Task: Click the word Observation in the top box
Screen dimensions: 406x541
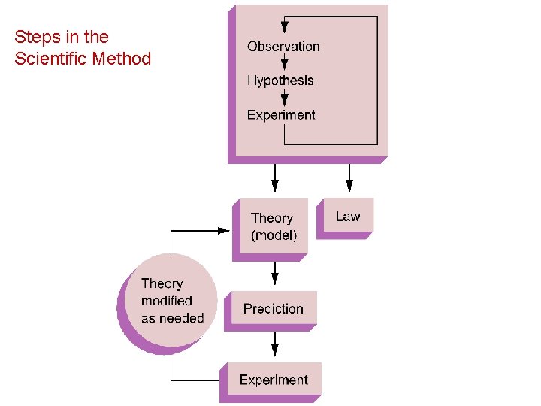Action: coord(283,47)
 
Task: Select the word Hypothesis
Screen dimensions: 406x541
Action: coord(280,80)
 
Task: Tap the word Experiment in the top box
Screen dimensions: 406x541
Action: coord(281,115)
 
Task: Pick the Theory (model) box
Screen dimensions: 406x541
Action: coord(274,226)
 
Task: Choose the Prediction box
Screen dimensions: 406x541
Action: coord(274,308)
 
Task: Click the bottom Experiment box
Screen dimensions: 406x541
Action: coord(274,380)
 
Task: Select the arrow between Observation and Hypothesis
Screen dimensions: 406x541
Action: coord(285,64)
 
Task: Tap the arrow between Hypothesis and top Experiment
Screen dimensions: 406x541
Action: coord(285,98)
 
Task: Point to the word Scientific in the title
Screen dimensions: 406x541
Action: coord(50,59)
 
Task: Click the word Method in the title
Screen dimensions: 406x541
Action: coord(121,59)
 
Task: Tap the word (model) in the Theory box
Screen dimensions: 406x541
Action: coord(274,235)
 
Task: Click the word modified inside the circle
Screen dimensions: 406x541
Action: coord(167,301)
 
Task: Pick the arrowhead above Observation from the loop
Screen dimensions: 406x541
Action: coord(285,27)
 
